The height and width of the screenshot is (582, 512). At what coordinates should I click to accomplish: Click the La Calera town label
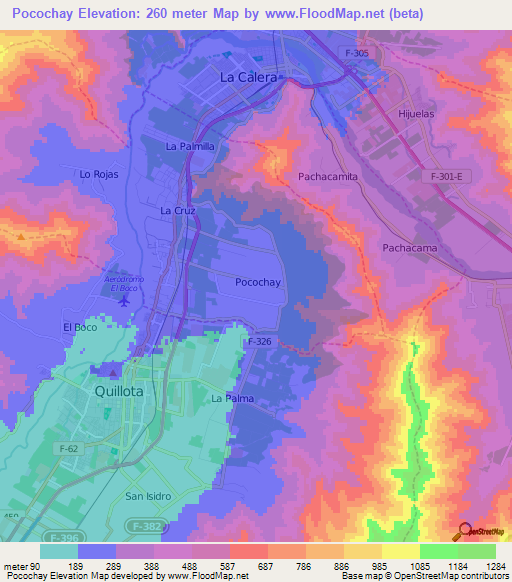(x=251, y=76)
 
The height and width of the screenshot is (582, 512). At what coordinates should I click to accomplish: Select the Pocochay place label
(x=256, y=282)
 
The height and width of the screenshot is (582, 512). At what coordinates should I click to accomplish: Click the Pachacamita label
(x=328, y=176)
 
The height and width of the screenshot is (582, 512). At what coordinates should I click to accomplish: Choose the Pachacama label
(x=410, y=247)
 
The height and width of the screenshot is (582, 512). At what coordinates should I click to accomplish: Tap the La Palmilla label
(x=190, y=146)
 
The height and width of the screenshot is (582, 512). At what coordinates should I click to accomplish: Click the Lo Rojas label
(x=99, y=174)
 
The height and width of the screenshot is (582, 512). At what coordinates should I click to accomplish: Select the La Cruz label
(x=177, y=211)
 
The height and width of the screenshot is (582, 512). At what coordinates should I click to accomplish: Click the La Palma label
(x=232, y=398)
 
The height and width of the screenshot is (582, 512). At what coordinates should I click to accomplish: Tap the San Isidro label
(x=148, y=496)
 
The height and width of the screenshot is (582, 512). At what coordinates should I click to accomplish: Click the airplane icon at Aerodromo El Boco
(x=124, y=299)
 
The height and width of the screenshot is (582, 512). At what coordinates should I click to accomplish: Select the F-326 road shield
(x=259, y=342)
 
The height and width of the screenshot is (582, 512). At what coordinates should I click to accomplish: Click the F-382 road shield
(x=143, y=523)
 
